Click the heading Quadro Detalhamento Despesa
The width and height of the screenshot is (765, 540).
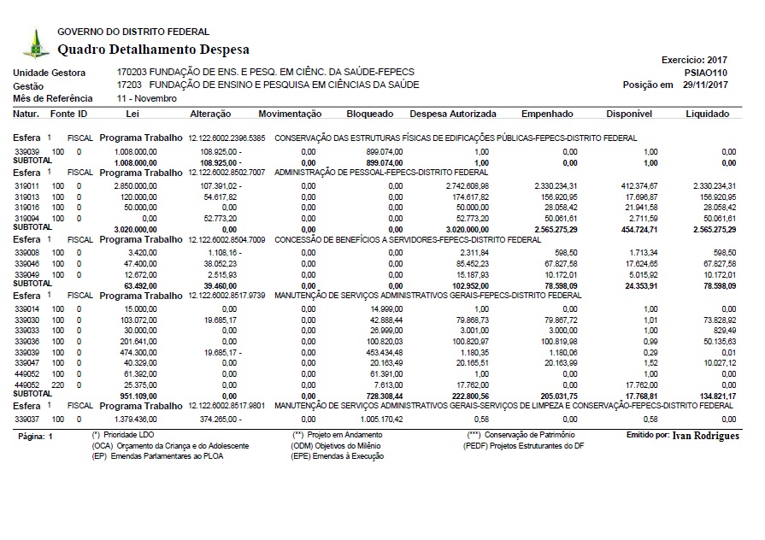click(x=141, y=49)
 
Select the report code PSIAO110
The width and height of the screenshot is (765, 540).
click(x=707, y=73)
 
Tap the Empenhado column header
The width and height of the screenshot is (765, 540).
click(x=547, y=114)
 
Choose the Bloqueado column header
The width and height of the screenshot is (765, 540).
click(x=370, y=114)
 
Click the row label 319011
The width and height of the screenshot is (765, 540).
click(x=27, y=185)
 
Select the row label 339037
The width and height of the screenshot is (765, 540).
click(x=27, y=420)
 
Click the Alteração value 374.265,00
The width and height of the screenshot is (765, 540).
click(x=219, y=420)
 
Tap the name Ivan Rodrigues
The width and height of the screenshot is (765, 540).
click(x=705, y=436)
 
